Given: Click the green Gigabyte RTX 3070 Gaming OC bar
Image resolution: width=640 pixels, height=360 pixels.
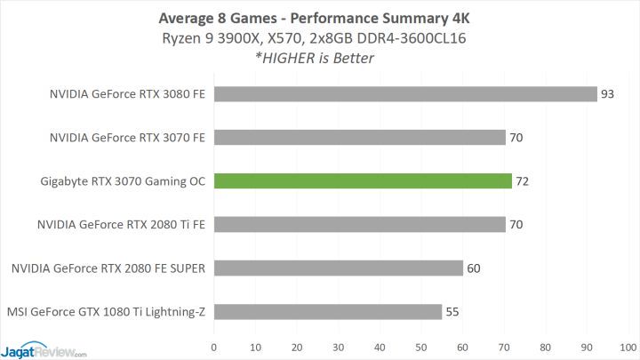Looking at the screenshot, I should point(362,181).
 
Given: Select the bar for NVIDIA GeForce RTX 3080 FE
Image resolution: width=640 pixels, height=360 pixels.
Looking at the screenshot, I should point(404,94).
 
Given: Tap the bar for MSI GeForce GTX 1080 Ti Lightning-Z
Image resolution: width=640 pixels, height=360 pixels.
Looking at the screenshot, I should point(327,312).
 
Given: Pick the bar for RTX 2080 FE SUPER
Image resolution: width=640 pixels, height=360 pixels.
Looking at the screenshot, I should point(338,268).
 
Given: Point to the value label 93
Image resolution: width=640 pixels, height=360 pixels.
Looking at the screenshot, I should point(608,94).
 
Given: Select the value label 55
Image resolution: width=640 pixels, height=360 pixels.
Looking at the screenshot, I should point(453,312).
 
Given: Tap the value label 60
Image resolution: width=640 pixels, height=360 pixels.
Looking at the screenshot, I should point(474,268).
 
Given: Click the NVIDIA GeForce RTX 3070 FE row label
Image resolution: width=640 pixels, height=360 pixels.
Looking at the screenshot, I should point(128,138).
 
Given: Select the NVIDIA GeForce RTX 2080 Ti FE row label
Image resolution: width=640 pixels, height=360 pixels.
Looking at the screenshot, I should point(122,225).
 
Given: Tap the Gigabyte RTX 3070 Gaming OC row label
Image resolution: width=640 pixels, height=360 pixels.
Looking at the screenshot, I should point(123,181).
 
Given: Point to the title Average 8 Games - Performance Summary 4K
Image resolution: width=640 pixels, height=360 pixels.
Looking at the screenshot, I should point(319,15).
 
